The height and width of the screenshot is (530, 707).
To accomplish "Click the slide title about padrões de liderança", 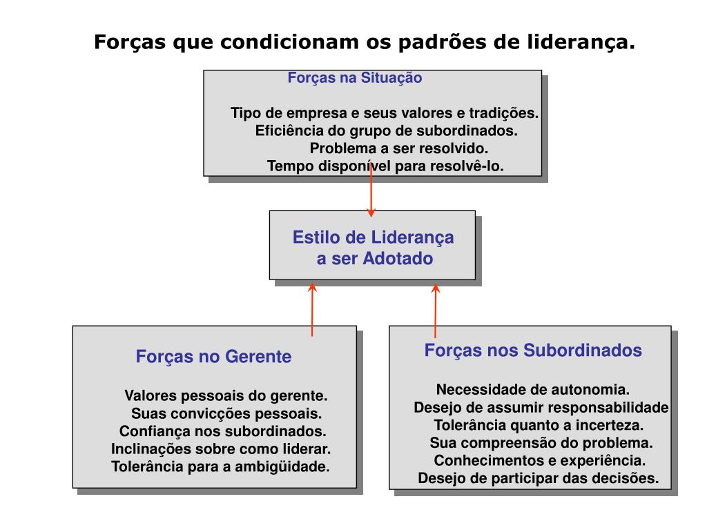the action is [364, 42].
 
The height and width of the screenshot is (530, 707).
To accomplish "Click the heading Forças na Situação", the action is [354, 78].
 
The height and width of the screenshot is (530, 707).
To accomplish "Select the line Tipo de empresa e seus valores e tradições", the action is [385, 113].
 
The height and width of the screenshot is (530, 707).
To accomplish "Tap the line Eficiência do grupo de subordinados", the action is [386, 130].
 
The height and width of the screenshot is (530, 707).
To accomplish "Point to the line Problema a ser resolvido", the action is [398, 148].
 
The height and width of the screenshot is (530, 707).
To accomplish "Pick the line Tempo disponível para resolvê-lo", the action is [385, 166].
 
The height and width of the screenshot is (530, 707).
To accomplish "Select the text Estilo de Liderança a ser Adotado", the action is [374, 248].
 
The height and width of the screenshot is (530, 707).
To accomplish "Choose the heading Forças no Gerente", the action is [213, 357].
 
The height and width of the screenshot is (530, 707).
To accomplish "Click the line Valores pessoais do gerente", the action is [226, 396].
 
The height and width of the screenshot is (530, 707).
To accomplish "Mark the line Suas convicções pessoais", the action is [226, 414].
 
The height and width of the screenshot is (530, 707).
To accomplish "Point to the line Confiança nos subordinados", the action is [222, 431].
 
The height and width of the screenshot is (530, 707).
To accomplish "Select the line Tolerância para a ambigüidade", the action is [221, 467].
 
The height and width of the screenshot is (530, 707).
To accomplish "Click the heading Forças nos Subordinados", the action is [533, 351].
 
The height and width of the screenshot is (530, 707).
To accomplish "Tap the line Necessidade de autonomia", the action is [532, 389].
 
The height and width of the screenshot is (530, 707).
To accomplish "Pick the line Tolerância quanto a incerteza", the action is [539, 424].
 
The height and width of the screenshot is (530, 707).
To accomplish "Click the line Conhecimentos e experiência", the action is [540, 460].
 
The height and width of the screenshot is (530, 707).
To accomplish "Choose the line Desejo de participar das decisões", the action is [539, 478].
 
